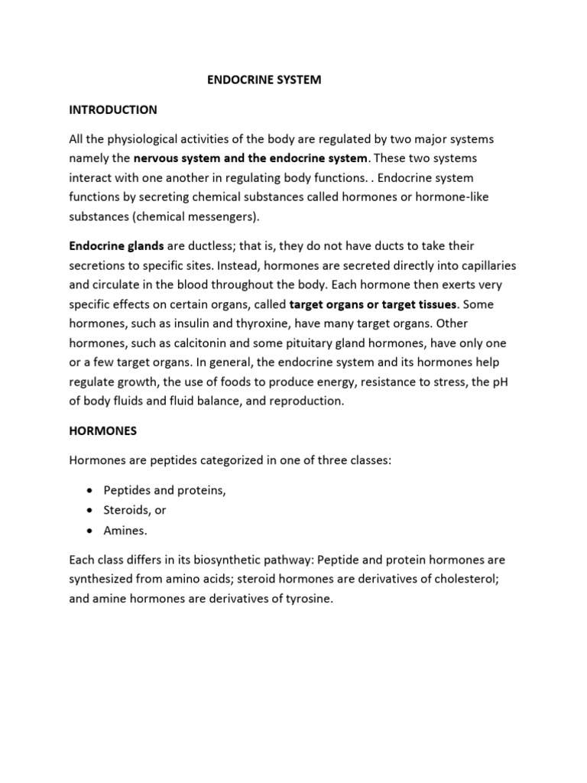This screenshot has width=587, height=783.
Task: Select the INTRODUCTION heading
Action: point(113,109)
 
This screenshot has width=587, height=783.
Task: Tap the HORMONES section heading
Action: point(103,430)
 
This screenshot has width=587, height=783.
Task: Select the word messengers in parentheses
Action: point(225,216)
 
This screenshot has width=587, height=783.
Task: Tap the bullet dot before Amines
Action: point(91,530)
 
